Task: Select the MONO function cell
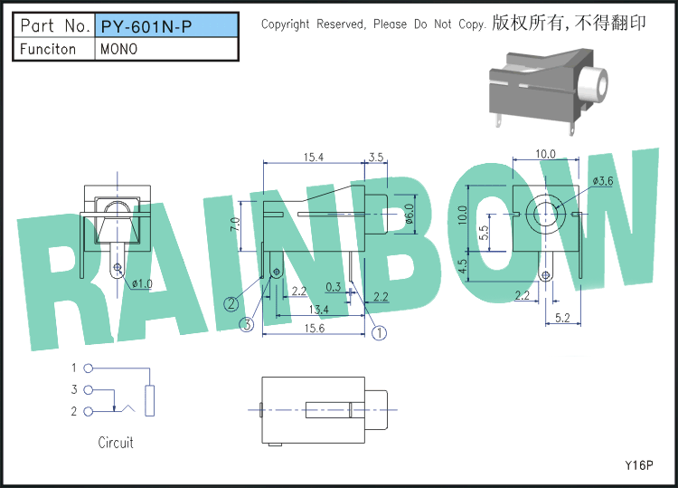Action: click(x=120, y=49)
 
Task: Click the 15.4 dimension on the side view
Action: click(x=314, y=158)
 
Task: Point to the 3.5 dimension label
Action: click(x=377, y=158)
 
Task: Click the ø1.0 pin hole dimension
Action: click(x=142, y=284)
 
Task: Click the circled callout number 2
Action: click(x=232, y=303)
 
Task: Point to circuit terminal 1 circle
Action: click(x=88, y=368)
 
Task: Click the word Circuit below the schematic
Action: click(x=116, y=443)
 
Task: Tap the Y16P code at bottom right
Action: click(x=638, y=465)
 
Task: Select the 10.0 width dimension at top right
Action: click(x=545, y=154)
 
